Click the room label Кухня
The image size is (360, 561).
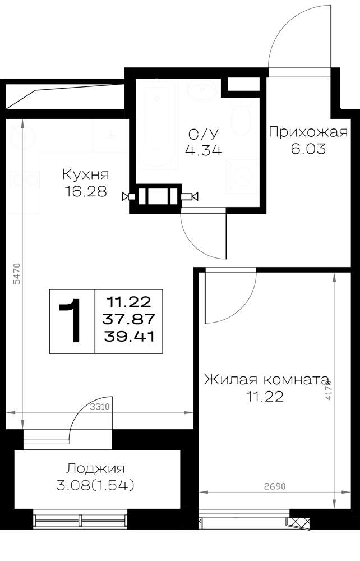(85, 174)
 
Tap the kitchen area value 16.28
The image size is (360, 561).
(86, 191)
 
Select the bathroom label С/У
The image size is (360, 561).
(203, 134)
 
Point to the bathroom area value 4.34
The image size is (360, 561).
(204, 150)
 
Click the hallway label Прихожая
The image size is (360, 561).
(308, 132)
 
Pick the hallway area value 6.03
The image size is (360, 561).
(308, 149)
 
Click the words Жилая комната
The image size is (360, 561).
(266, 379)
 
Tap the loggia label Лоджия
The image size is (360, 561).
(95, 468)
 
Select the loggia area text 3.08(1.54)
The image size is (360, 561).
(95, 485)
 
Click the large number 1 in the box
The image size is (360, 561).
(72, 321)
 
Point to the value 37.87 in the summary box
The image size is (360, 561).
(128, 319)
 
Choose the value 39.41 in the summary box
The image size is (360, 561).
(129, 336)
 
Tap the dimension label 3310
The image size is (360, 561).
(99, 407)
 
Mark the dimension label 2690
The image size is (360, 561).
(275, 486)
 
